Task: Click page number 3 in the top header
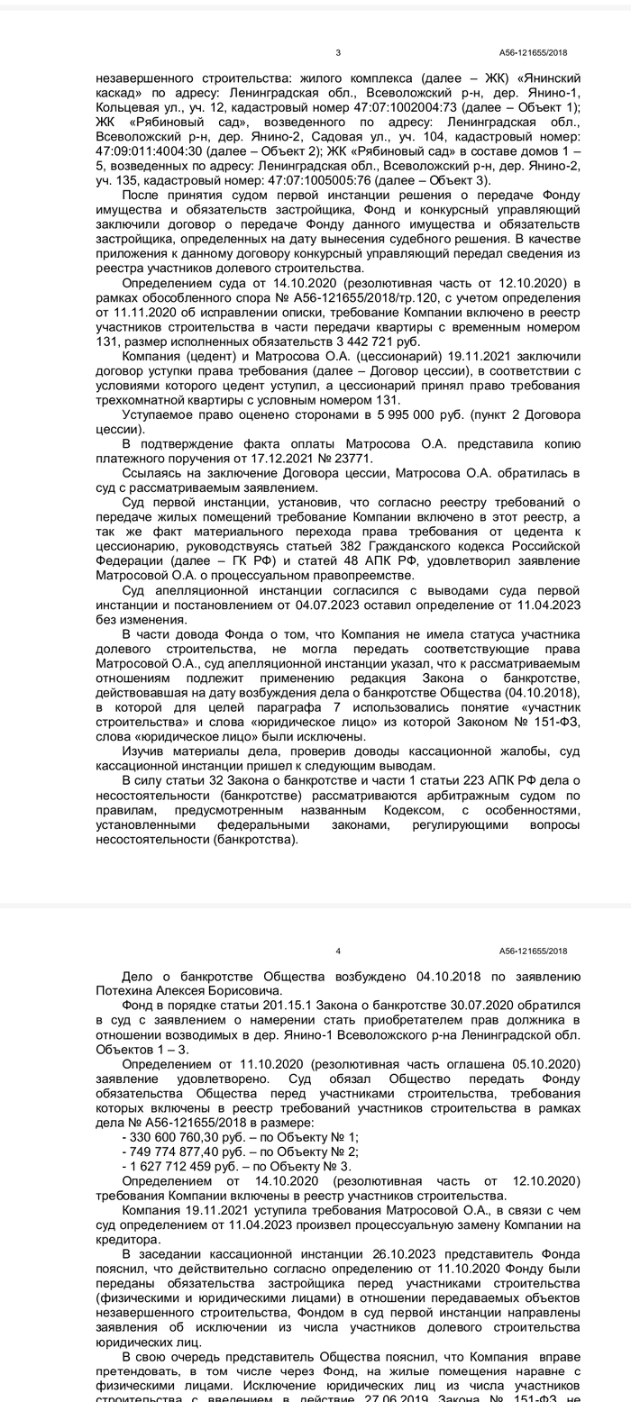point(338,52)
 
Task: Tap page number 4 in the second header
point(338,951)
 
